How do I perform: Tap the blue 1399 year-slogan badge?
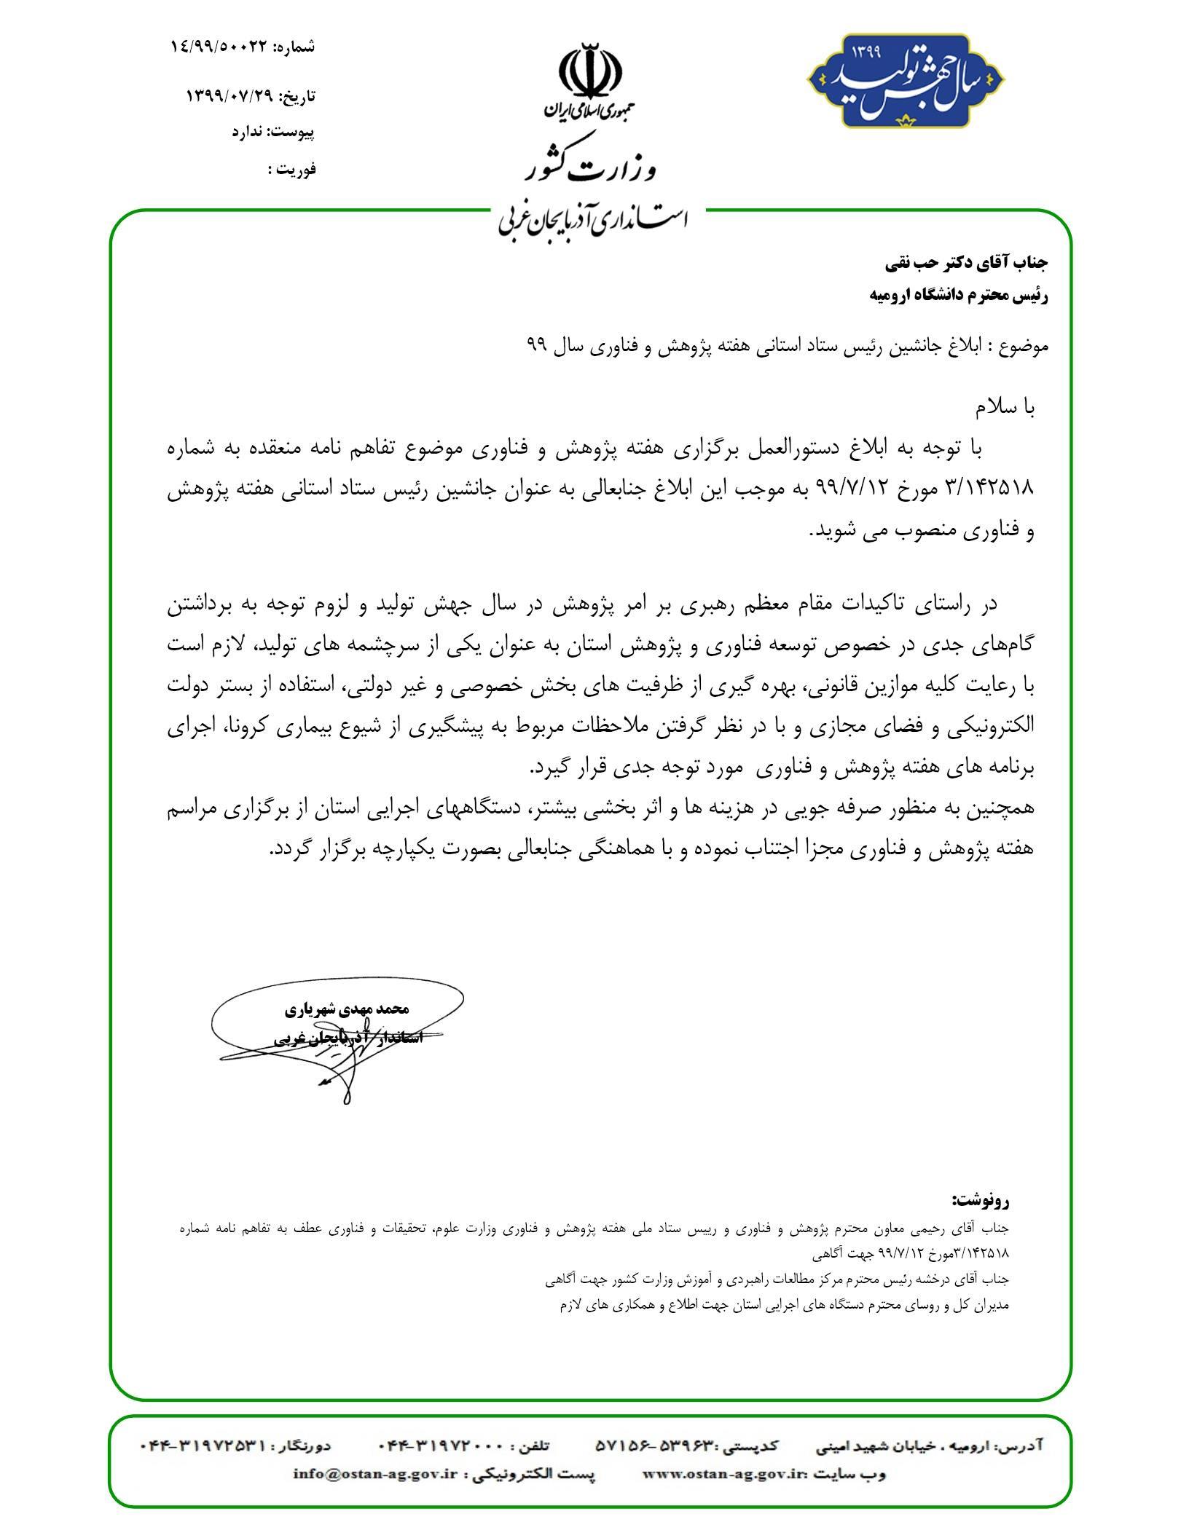(906, 81)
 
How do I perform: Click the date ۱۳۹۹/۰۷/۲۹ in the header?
(229, 96)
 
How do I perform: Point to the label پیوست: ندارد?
(273, 132)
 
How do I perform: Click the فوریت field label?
(292, 170)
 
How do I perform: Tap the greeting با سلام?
(1005, 409)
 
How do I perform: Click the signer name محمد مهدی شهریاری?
(346, 1009)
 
